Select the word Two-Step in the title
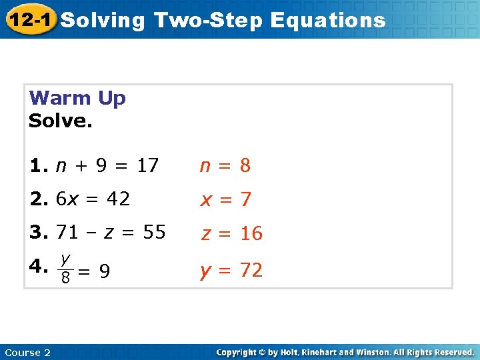point(208,20)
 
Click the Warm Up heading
point(77,99)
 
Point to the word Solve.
point(61,121)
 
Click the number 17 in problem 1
point(147,165)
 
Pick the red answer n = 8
point(225,165)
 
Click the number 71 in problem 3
point(67,232)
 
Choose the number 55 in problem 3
point(154,232)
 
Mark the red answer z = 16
point(232,233)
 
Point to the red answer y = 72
point(232,270)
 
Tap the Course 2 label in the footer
point(27,352)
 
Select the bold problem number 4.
point(37,267)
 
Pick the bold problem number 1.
point(37,165)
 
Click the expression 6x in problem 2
point(65,199)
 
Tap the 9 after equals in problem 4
point(105,271)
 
